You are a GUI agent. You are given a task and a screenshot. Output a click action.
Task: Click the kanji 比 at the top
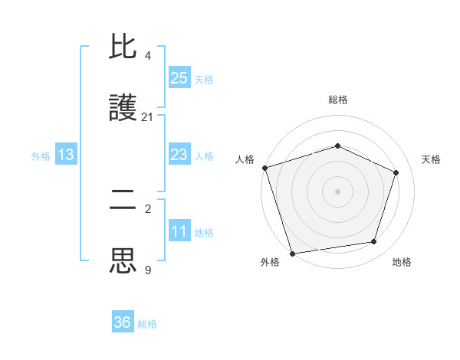[123, 48]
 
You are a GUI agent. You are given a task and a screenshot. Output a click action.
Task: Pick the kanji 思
[123, 260]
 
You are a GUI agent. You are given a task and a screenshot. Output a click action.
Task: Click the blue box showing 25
[179, 78]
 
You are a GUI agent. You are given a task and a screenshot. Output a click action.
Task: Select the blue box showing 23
[179, 155]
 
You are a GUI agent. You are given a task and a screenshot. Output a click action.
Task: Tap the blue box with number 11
[179, 231]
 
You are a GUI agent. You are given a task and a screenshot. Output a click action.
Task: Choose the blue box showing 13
[66, 155]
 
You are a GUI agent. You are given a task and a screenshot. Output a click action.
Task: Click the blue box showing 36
[123, 322]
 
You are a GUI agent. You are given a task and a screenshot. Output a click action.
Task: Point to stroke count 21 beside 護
[147, 117]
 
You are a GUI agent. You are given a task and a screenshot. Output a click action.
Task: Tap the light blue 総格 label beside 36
[147, 324]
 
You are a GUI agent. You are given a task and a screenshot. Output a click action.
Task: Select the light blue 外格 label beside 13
[41, 155]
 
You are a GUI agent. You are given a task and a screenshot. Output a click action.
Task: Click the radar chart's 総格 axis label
[338, 100]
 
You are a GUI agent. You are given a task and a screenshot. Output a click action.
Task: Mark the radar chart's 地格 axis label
[402, 262]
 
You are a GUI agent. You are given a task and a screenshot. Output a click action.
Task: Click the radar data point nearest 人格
[264, 168]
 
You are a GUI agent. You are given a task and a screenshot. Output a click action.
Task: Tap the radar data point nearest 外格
[292, 252]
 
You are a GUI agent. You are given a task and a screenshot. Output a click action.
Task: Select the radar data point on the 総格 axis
[337, 146]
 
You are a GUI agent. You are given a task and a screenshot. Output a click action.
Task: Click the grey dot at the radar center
[337, 191]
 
